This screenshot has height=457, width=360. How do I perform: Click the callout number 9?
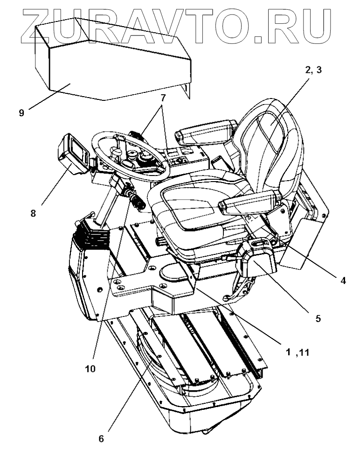click(x=21, y=113)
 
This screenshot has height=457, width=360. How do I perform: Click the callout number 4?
click(x=343, y=281)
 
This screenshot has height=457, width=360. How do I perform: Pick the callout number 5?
click(x=318, y=319)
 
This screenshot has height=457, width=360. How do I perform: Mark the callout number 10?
click(x=90, y=368)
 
